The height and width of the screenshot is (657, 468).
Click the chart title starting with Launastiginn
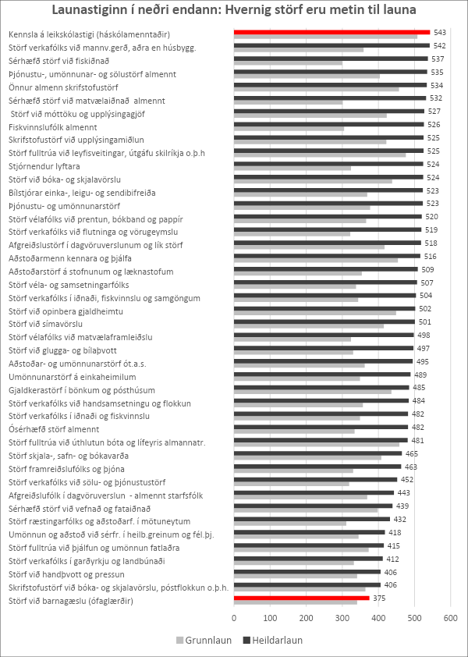click(233, 11)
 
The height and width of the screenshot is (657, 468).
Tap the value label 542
click(439, 46)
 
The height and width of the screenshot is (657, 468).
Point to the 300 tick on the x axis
click(342, 618)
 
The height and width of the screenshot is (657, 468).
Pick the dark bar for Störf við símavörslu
click(312, 321)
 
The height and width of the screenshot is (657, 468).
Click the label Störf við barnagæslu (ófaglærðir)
click(70, 601)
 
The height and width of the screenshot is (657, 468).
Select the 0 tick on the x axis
click(234, 618)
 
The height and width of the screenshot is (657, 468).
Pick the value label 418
click(395, 532)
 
